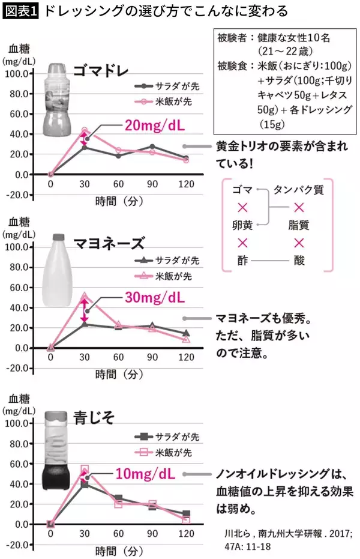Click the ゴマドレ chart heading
(100, 71)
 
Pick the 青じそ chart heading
(91, 415)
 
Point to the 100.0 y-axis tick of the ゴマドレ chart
(22, 74)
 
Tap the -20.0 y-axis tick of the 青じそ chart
(22, 545)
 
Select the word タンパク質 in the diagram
(298, 190)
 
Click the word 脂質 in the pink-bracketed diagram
(298, 226)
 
